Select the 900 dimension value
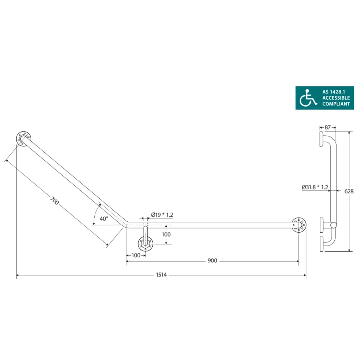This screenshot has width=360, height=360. [212, 261]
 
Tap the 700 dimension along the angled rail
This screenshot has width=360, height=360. [55, 201]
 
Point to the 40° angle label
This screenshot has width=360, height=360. [104, 219]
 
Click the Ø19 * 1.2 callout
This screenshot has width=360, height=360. [162, 215]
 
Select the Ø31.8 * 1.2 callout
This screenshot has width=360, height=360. [315, 187]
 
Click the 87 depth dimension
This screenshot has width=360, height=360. [328, 127]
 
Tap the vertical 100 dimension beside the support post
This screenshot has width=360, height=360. [166, 234]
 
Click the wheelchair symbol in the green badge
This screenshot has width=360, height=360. [309, 98]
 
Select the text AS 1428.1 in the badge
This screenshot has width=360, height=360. [336, 92]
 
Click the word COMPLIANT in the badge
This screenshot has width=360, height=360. [336, 104]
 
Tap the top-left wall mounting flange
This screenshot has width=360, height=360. [24, 139]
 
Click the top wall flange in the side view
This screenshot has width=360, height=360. [321, 139]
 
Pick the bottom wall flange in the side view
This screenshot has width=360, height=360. [321, 244]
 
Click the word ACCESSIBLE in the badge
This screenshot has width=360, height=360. [336, 98]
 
